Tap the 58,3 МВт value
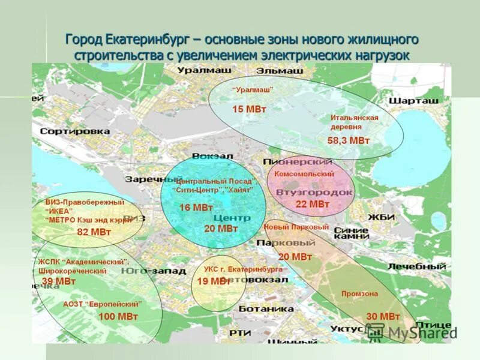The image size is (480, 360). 349,140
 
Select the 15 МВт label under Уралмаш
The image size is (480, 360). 249,109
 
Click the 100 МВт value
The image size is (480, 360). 118,316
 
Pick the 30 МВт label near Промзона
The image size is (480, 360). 383,316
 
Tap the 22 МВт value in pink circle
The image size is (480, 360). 313,205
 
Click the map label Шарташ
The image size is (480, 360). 413,101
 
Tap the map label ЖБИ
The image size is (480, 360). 381,217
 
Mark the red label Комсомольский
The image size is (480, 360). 304,173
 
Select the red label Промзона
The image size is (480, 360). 359,293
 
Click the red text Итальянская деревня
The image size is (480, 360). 354,122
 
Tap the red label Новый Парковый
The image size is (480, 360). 296,228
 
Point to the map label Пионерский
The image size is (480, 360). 298,162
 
